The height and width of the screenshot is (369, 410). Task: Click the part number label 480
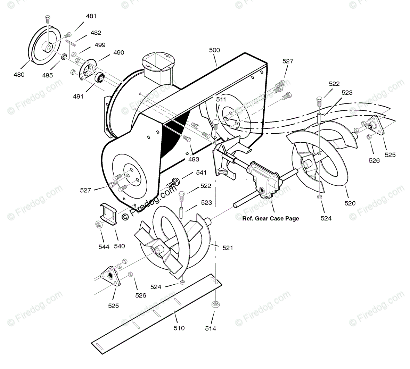[x=19, y=74]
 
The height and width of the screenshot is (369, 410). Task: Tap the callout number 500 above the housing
[x=214, y=50]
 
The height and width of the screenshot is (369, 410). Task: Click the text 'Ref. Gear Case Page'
[x=271, y=218]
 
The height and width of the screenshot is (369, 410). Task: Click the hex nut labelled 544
[x=98, y=225]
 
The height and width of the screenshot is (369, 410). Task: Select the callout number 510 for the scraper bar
[x=179, y=328]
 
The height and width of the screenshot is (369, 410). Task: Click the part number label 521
[x=228, y=248]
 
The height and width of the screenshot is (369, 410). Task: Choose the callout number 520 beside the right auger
[x=350, y=203]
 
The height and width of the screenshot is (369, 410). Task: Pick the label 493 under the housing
[x=194, y=159]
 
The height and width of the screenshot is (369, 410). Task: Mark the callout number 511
[x=221, y=100]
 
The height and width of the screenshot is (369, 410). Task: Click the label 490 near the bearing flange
[x=118, y=53]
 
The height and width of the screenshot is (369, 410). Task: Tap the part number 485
[x=48, y=75]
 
